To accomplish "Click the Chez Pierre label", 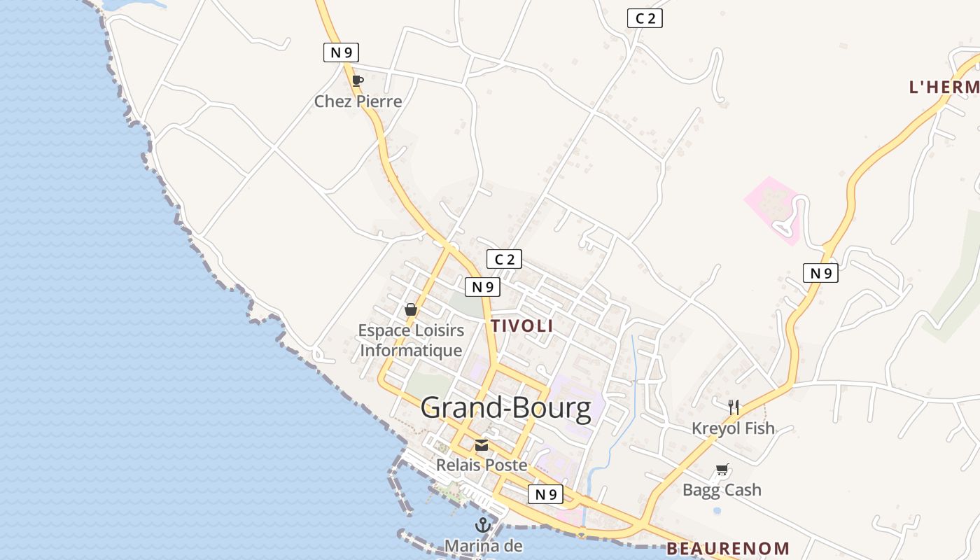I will click(x=358, y=101).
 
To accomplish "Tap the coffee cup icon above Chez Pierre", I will click(x=358, y=80).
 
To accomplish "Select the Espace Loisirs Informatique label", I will click(x=411, y=340).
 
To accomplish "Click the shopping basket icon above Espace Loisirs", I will click(x=411, y=309).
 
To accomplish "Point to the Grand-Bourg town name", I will click(x=506, y=408).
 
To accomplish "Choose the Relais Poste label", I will click(x=482, y=465).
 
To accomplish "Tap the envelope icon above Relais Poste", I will click(x=482, y=445).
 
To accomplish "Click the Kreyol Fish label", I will click(x=733, y=428).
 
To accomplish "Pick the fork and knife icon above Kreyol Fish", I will click(x=734, y=407).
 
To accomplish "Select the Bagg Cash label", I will click(x=722, y=490).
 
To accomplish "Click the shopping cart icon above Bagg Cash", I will click(x=722, y=470).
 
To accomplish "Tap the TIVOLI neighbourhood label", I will click(x=522, y=326).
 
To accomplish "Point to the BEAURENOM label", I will click(x=728, y=549).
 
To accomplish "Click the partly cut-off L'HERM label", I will click(x=944, y=87).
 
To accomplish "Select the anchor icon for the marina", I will click(x=482, y=524).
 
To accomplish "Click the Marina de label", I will click(x=483, y=545).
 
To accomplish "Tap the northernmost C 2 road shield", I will click(x=645, y=19).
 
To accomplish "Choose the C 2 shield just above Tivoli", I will click(x=504, y=260).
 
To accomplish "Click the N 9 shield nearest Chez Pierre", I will click(x=341, y=52).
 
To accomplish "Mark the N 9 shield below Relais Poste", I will click(x=545, y=494).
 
